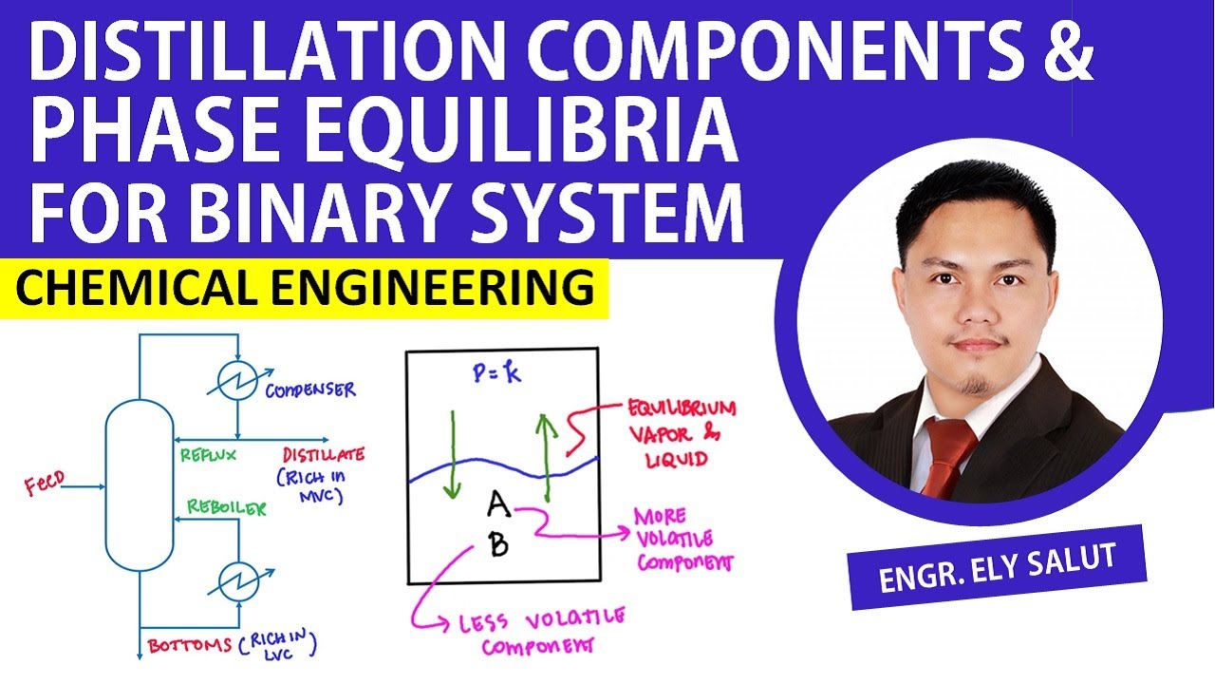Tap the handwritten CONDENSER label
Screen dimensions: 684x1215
[310, 389]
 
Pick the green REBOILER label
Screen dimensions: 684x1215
[226, 507]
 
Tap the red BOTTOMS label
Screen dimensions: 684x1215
[190, 646]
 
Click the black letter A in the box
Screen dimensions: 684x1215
[498, 507]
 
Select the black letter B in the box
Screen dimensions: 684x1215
[498, 544]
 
